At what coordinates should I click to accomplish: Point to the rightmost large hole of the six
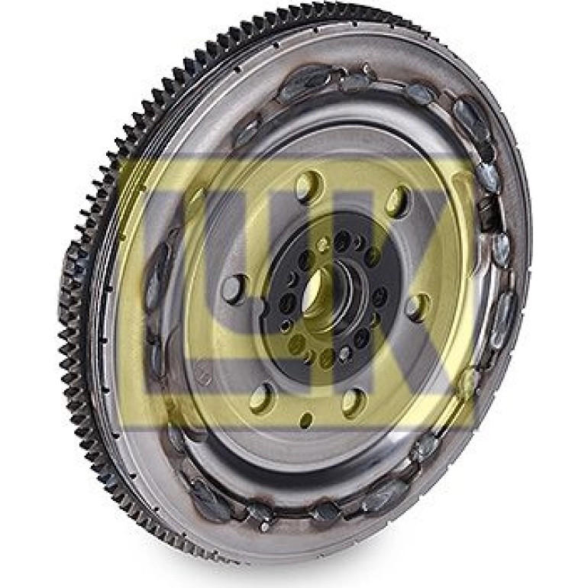(418, 309)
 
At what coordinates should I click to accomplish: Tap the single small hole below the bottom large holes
(308, 418)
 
